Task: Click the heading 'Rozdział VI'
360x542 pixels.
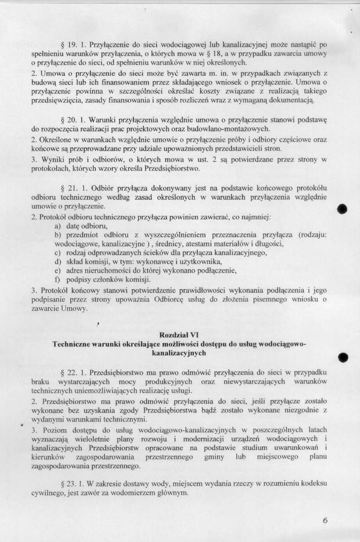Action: [x=179, y=335]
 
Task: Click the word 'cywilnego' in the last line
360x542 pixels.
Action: [x=45, y=493]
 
